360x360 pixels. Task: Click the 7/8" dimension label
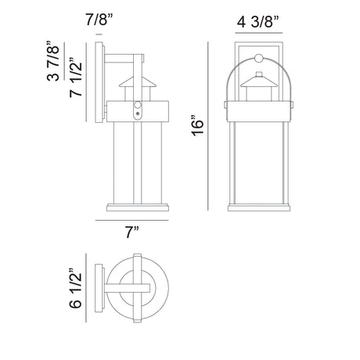(99, 20)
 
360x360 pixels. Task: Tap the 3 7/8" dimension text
(53, 61)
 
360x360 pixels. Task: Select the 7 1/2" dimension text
(76, 77)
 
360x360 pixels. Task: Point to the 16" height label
(197, 125)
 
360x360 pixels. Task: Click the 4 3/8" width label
(258, 22)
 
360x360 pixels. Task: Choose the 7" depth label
(132, 232)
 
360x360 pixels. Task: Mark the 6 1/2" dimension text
(76, 288)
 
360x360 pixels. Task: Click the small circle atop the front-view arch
(259, 59)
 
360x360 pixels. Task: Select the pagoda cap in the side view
(138, 81)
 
